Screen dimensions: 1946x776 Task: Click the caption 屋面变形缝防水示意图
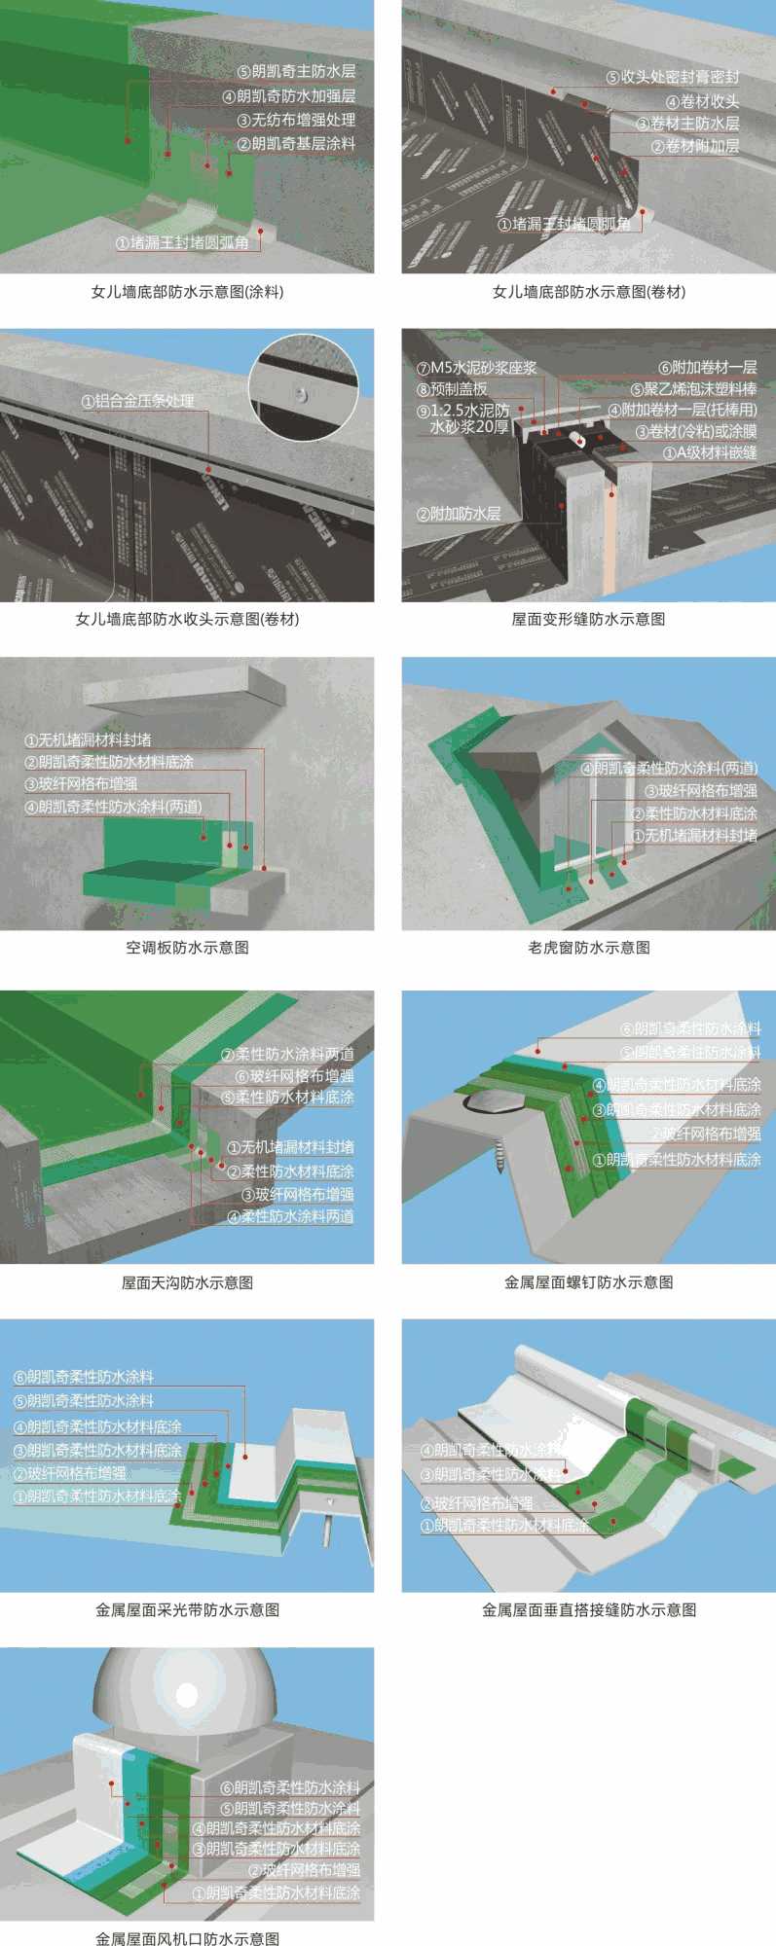point(588,619)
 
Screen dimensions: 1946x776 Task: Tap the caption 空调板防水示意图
point(187,947)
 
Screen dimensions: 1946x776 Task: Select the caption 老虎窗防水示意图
point(588,947)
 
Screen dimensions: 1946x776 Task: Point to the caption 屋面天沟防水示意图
point(187,1282)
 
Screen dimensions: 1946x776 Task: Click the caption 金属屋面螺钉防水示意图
point(588,1282)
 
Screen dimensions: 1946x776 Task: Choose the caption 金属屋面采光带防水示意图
point(187,1610)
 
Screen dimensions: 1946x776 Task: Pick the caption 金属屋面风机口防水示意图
point(187,1939)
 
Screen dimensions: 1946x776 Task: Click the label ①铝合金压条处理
point(137,401)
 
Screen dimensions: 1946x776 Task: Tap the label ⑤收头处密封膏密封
point(672,77)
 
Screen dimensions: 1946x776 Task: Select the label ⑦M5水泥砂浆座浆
point(476,368)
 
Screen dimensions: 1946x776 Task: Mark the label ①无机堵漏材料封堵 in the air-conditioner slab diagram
point(88,740)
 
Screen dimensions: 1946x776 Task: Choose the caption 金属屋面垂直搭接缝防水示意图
point(588,1610)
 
